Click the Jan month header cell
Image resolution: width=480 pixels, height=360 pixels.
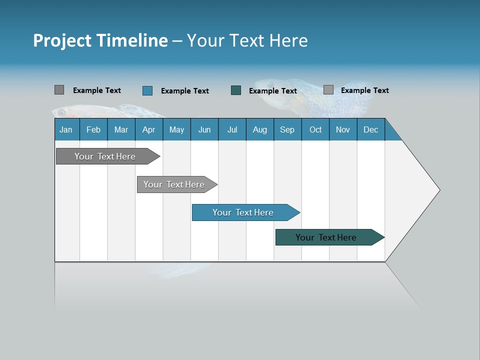pos(66,129)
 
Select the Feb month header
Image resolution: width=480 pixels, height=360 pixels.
pos(93,129)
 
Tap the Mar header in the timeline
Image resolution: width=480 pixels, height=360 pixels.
pos(121,129)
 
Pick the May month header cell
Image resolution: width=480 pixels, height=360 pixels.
pos(176,129)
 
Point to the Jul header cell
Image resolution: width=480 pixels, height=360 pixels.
pos(232,129)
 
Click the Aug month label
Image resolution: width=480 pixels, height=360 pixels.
pos(260,129)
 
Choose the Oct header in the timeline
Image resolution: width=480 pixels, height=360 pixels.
pos(315,129)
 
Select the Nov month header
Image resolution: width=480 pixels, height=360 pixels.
pos(343,129)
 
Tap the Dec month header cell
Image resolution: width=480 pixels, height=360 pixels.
pos(371,129)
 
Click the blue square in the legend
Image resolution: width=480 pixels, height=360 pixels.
pos(147,90)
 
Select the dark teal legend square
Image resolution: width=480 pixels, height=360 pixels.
pos(236,90)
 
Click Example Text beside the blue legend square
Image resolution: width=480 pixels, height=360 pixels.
pos(185,91)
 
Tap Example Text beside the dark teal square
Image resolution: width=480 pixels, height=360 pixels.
pos(273,91)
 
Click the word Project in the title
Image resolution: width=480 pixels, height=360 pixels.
pos(62,40)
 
